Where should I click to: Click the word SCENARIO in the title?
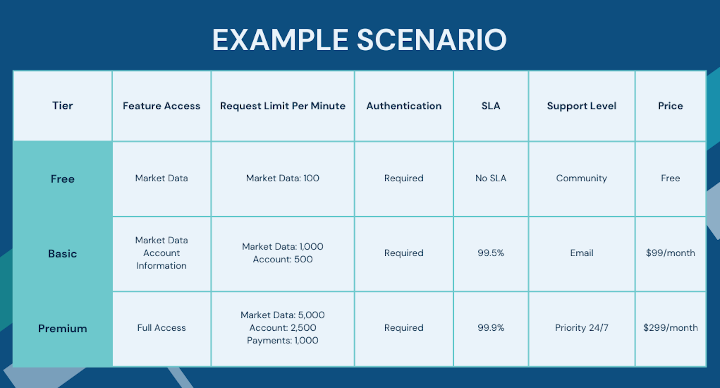pos(432,40)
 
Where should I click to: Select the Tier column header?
pos(62,106)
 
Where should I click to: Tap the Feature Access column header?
pos(161,106)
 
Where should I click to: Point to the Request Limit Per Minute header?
pos(283,106)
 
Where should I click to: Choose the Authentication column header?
pos(404,106)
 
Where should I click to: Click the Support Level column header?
pos(582,106)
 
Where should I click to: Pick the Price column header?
pos(670,106)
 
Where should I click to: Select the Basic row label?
pos(62,254)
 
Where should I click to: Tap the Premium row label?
pos(62,328)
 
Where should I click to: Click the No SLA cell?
pos(491,178)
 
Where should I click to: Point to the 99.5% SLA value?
pos(491,253)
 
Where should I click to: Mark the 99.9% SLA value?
pos(491,328)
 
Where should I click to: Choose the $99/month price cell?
pos(670,253)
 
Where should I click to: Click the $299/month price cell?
pos(670,328)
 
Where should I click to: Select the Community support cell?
pos(582,178)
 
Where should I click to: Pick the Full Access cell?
pos(161,328)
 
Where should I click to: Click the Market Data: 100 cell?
pos(283,178)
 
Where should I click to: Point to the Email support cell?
pos(582,253)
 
